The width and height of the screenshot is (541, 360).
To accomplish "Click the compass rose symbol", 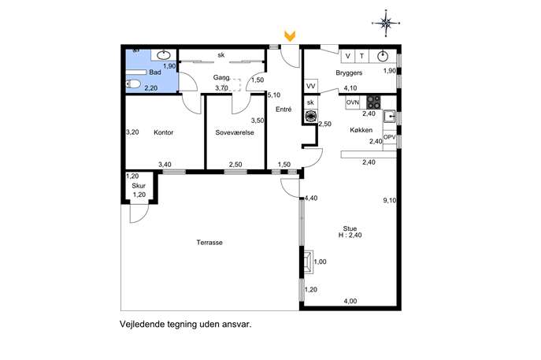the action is coord(386,24).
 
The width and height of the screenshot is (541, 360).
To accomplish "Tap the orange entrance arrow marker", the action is coord(290,36).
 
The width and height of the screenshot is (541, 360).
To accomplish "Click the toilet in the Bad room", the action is coord(133,84).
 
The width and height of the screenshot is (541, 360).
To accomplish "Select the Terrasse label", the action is coord(209,243).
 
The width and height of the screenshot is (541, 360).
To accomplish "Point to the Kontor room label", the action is coord(164,132).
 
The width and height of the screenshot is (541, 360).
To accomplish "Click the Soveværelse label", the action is coord(235,132).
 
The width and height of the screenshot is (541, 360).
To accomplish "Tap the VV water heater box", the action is coord(310,87).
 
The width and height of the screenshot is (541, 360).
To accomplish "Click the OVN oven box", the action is coord(353,102).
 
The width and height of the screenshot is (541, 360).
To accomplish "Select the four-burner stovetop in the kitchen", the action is coord(373,102).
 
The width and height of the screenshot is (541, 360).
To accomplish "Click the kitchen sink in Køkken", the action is coord(390,117).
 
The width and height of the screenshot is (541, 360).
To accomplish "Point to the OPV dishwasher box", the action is coord(390,137).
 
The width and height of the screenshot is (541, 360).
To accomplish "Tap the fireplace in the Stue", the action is coord(308,262).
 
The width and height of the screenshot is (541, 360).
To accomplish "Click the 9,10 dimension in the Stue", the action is coord(390,200).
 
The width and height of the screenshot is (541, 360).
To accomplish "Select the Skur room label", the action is coord(139,186).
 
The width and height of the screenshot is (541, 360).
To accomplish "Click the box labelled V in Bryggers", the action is coord(348,56).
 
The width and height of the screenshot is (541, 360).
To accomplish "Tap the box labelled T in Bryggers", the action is coord(361,56).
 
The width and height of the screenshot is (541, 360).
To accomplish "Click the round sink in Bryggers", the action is coord(382,56).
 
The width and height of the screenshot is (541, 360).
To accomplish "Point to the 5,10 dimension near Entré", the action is coord(274,95).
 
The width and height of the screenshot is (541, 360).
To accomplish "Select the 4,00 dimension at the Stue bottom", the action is coord(350,301).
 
